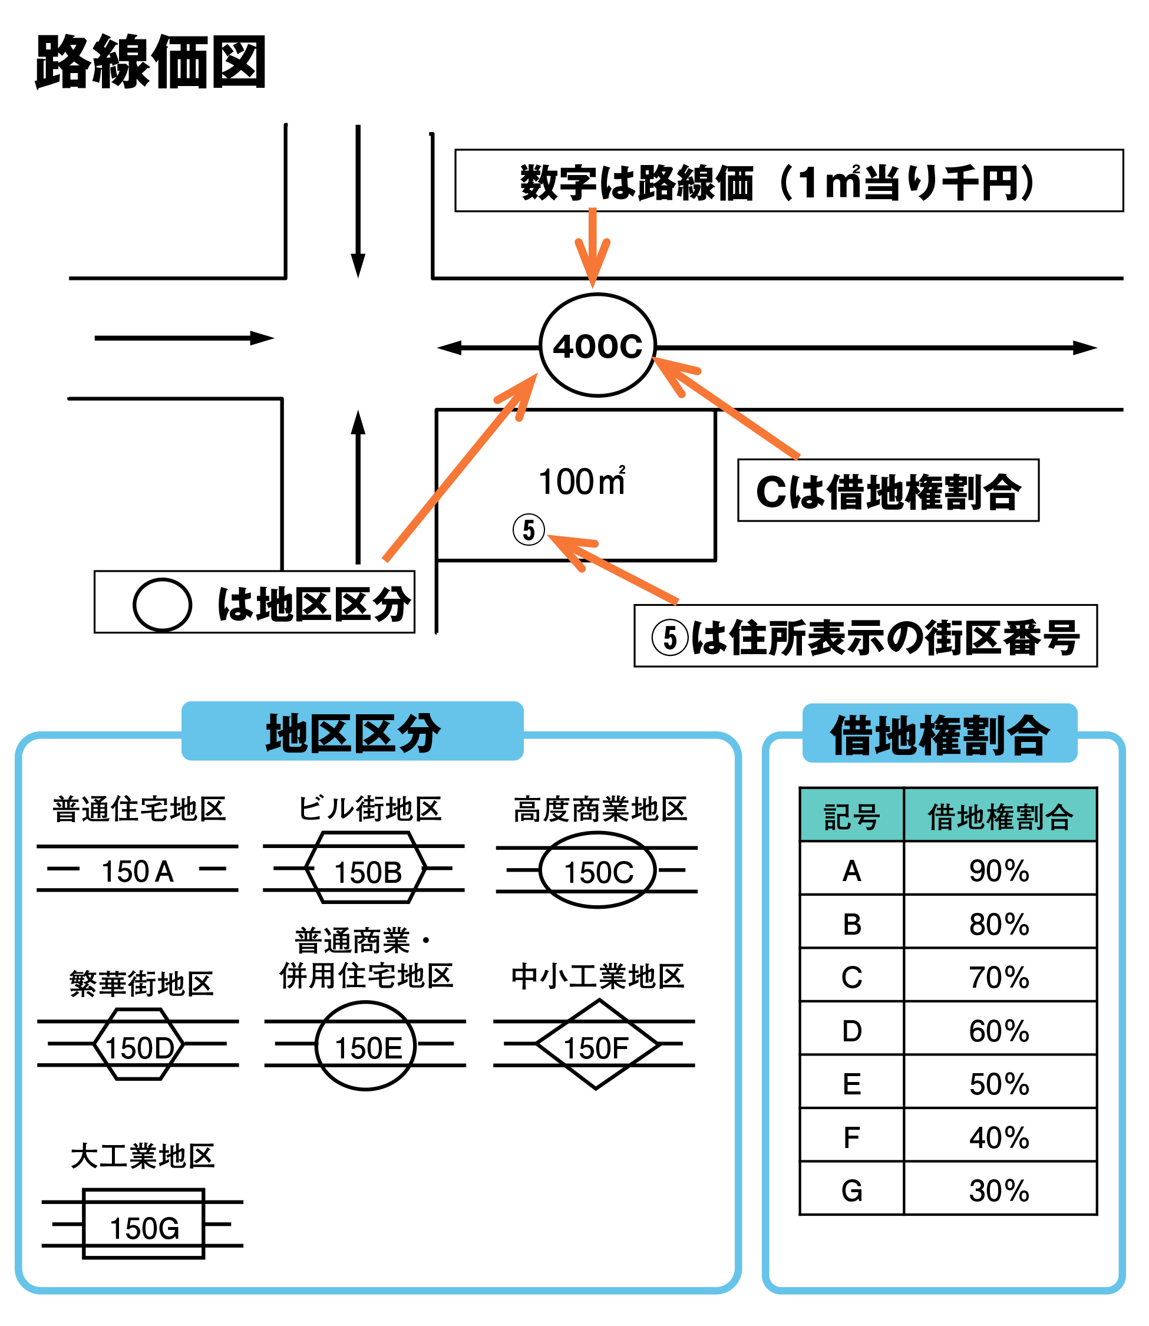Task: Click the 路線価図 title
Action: click(151, 62)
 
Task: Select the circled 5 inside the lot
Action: click(529, 530)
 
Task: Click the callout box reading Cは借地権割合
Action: click(887, 490)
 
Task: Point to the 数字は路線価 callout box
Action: click(788, 181)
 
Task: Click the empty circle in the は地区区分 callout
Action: click(162, 605)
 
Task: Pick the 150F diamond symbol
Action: click(596, 1044)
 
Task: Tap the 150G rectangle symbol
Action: click(144, 1224)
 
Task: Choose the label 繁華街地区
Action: click(141, 984)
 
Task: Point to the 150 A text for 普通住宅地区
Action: click(137, 872)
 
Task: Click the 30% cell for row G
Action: click(998, 1190)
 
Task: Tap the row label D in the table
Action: click(851, 1030)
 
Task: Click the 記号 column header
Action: click(851, 817)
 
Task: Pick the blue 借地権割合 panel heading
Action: click(939, 735)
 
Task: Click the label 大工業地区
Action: click(143, 1156)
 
